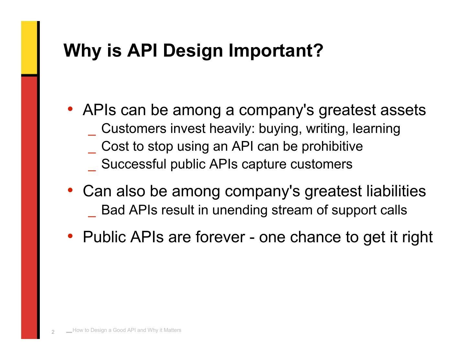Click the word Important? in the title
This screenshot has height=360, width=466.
point(276,50)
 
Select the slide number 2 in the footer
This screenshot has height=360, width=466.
point(53,332)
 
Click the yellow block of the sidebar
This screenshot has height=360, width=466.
point(29,48)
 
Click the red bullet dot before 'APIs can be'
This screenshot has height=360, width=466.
point(70,109)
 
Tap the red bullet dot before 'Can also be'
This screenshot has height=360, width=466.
point(70,190)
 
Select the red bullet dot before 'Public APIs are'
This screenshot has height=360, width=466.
point(70,236)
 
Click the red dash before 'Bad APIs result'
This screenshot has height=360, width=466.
point(92,217)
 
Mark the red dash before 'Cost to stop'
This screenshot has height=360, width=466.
point(92,153)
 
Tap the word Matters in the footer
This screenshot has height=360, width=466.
point(172,330)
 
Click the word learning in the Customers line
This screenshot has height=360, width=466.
point(376,129)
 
